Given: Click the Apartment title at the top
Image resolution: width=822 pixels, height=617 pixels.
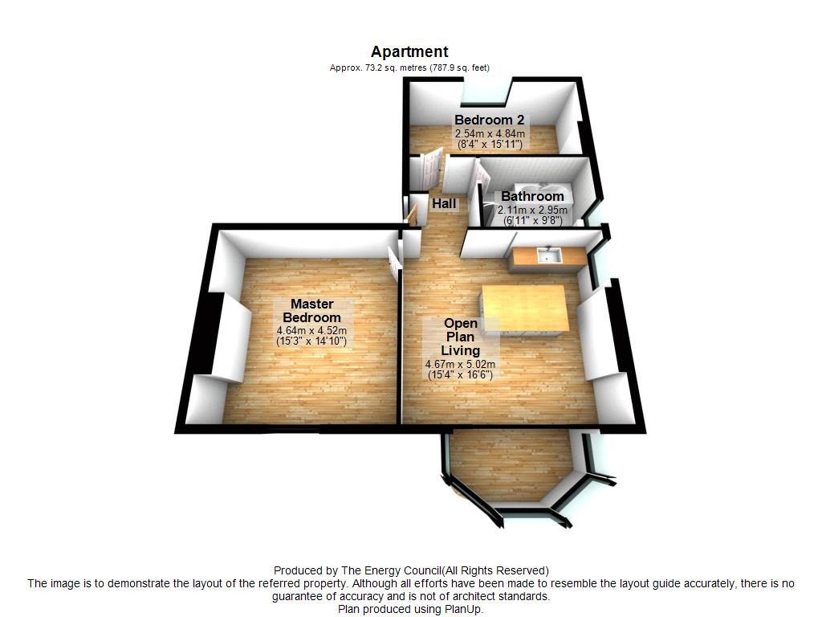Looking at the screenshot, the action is coord(409,52).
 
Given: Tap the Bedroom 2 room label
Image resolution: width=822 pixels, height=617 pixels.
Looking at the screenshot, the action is coord(489,121).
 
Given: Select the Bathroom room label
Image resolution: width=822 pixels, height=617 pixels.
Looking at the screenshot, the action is coord(533,196).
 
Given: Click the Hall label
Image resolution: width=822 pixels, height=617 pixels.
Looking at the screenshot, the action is coord(444,203).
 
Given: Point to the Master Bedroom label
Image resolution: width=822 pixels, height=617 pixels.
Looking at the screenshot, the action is coord(312,311).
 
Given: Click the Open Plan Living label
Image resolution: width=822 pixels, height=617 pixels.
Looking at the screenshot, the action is coord(460,337).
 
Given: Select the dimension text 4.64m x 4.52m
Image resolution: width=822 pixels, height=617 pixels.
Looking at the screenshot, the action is coord(312,331).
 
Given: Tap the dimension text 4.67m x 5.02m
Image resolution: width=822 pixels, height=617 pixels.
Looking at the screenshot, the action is coord(460,364).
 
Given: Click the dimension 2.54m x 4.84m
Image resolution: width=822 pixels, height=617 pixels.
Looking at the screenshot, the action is coord(490,134).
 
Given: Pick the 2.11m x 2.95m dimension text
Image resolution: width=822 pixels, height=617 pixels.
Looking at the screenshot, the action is coord(533,210).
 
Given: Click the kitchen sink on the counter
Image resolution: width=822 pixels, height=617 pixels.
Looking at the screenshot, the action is coord(549,256).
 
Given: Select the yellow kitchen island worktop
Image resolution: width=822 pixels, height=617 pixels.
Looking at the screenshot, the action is coord(524,308).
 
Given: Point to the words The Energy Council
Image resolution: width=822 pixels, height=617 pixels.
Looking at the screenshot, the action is coord(391,571).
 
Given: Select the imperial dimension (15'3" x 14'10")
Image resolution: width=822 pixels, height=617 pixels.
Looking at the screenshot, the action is coord(312,341).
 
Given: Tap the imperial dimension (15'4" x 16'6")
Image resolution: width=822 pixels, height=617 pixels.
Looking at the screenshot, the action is coord(460,374).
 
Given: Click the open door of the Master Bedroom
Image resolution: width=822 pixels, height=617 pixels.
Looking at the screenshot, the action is coord(393,260).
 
